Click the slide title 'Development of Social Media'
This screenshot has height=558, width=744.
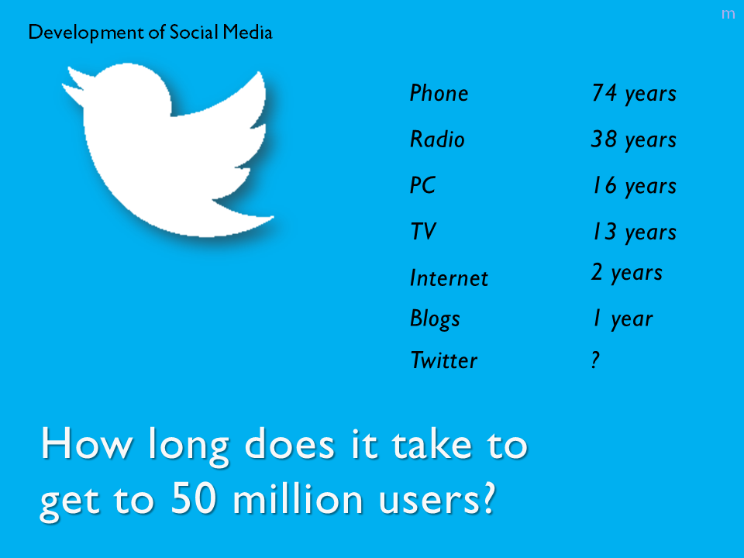pos(150,33)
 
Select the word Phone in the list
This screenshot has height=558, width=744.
pos(439,93)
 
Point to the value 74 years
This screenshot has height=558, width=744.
pos(634,94)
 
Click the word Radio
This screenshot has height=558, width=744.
pos(437,139)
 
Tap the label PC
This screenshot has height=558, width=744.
pos(423,185)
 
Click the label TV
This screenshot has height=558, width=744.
pos(423,232)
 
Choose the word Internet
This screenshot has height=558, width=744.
pos(449,278)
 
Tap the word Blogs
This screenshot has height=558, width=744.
pos(435,319)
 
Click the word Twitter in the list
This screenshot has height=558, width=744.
pos(444,360)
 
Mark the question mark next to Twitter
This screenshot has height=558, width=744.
pos(595,360)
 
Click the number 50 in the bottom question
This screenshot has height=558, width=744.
pos(194,498)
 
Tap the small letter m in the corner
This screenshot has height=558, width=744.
pos(728,14)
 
